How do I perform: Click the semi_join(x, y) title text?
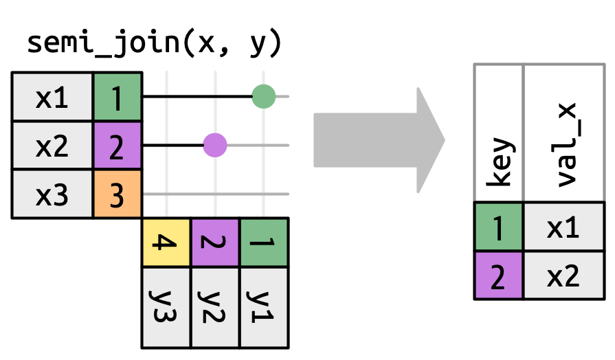[154, 43]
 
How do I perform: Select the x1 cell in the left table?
[52, 98]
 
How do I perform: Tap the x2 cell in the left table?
[52, 146]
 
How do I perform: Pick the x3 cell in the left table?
[52, 194]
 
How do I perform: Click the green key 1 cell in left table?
[118, 98]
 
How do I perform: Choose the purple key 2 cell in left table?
[118, 146]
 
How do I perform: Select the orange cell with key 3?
[118, 194]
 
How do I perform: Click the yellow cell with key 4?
[166, 243]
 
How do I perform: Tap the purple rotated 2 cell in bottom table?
[215, 243]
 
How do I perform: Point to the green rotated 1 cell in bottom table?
[264, 243]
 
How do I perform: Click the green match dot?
[264, 97]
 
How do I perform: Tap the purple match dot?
[215, 146]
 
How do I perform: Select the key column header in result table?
[499, 133]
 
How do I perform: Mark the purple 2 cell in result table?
[499, 275]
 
